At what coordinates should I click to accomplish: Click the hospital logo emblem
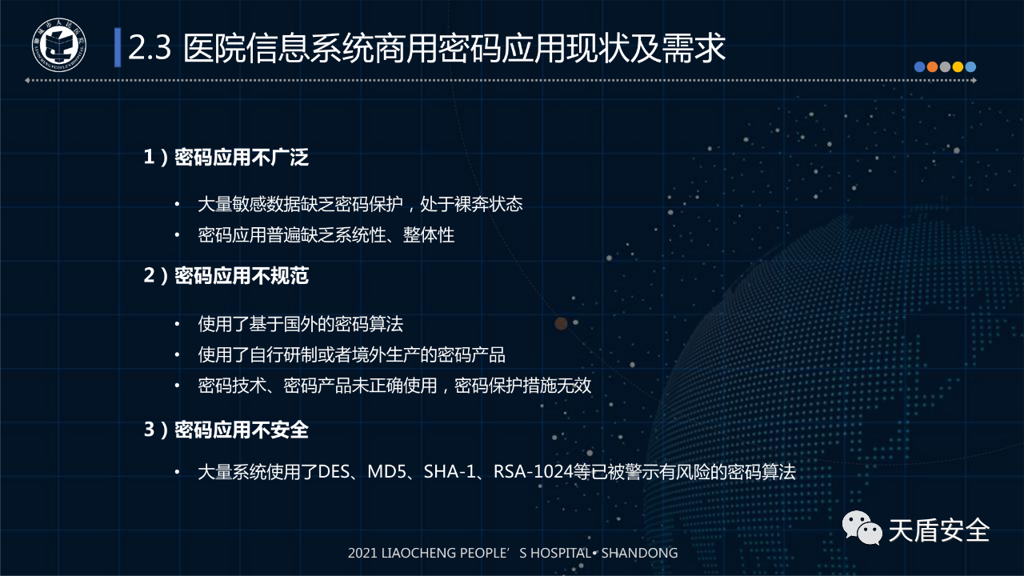click(x=59, y=45)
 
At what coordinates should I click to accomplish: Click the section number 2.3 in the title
click(x=150, y=47)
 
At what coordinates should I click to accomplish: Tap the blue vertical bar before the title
click(x=118, y=47)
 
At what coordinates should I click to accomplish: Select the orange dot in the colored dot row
click(x=932, y=67)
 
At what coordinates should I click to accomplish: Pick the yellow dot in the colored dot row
click(x=958, y=67)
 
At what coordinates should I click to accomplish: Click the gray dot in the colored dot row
click(x=945, y=67)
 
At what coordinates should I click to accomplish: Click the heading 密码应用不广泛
click(x=242, y=158)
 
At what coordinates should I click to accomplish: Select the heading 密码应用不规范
click(x=242, y=276)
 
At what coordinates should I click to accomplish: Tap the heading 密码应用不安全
click(x=242, y=430)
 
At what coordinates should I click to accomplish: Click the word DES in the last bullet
click(x=334, y=472)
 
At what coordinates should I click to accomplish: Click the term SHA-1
click(x=450, y=472)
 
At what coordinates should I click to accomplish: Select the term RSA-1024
click(x=533, y=472)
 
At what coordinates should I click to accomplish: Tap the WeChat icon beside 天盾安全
click(x=862, y=528)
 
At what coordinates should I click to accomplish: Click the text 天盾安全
click(x=939, y=530)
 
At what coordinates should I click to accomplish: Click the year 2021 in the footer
click(x=362, y=553)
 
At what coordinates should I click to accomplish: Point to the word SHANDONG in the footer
click(x=639, y=553)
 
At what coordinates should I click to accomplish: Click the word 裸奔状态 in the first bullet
click(x=488, y=204)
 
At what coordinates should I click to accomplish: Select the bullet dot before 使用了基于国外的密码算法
click(x=177, y=325)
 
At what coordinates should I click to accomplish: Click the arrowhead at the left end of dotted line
click(x=27, y=81)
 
